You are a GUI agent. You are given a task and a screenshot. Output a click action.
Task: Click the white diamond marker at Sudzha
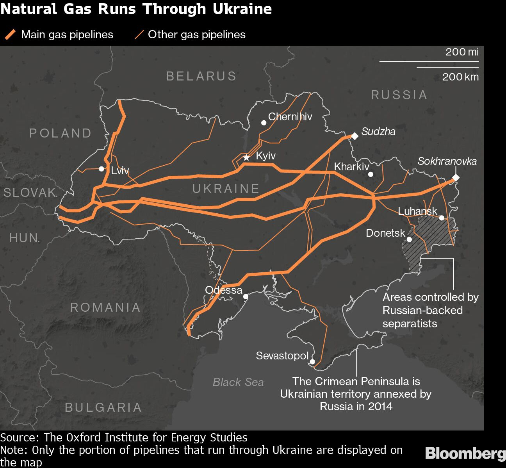[355, 136]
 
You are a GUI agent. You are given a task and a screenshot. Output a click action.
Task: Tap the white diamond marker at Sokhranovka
[455, 178]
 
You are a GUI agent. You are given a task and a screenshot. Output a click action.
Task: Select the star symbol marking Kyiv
[246, 158]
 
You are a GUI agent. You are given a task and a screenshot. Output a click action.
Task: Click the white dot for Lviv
[102, 169]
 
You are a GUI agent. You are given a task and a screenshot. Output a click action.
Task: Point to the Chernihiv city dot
[264, 123]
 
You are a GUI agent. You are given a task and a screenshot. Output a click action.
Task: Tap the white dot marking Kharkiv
[371, 174]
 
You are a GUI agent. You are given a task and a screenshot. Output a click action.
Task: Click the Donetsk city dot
[409, 239]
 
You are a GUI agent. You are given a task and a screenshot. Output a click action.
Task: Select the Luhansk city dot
[442, 218]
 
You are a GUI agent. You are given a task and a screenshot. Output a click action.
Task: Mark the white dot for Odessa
[246, 297]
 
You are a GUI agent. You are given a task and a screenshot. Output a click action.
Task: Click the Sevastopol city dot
[312, 362]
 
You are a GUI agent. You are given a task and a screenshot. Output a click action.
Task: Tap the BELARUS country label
[201, 76]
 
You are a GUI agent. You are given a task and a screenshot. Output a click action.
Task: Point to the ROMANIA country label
[105, 307]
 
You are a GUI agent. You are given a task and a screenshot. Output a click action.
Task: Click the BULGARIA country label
[103, 407]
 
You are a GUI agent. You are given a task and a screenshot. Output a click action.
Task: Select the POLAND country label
[61, 133]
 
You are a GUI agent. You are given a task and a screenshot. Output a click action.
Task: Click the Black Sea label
[238, 382]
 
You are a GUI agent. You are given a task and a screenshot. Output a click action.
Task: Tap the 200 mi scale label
[462, 52]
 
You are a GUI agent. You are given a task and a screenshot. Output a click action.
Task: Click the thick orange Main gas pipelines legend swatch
[10, 35]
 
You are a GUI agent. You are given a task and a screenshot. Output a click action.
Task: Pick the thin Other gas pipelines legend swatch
[139, 35]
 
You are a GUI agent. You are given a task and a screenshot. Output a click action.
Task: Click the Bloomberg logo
[465, 454]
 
